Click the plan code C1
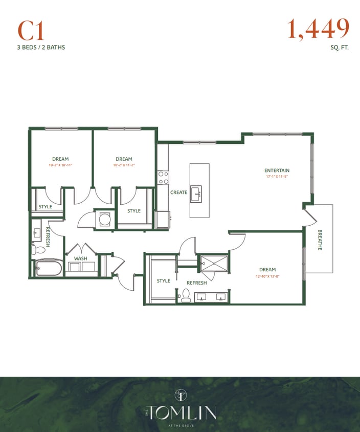[x=31, y=31]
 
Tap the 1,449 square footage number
[x=318, y=29]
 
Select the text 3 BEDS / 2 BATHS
[x=41, y=48]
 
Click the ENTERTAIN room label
[x=277, y=170]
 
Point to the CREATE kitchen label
[x=178, y=192]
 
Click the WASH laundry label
[x=80, y=258]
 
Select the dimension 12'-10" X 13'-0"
[x=267, y=276]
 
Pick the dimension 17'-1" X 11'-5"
[x=277, y=177]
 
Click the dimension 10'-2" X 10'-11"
[x=60, y=165]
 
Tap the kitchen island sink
[x=196, y=194]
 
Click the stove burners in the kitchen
[x=163, y=178]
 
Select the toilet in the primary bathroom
[x=186, y=295]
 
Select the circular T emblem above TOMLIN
[x=181, y=395]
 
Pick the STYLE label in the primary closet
[x=163, y=280]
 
